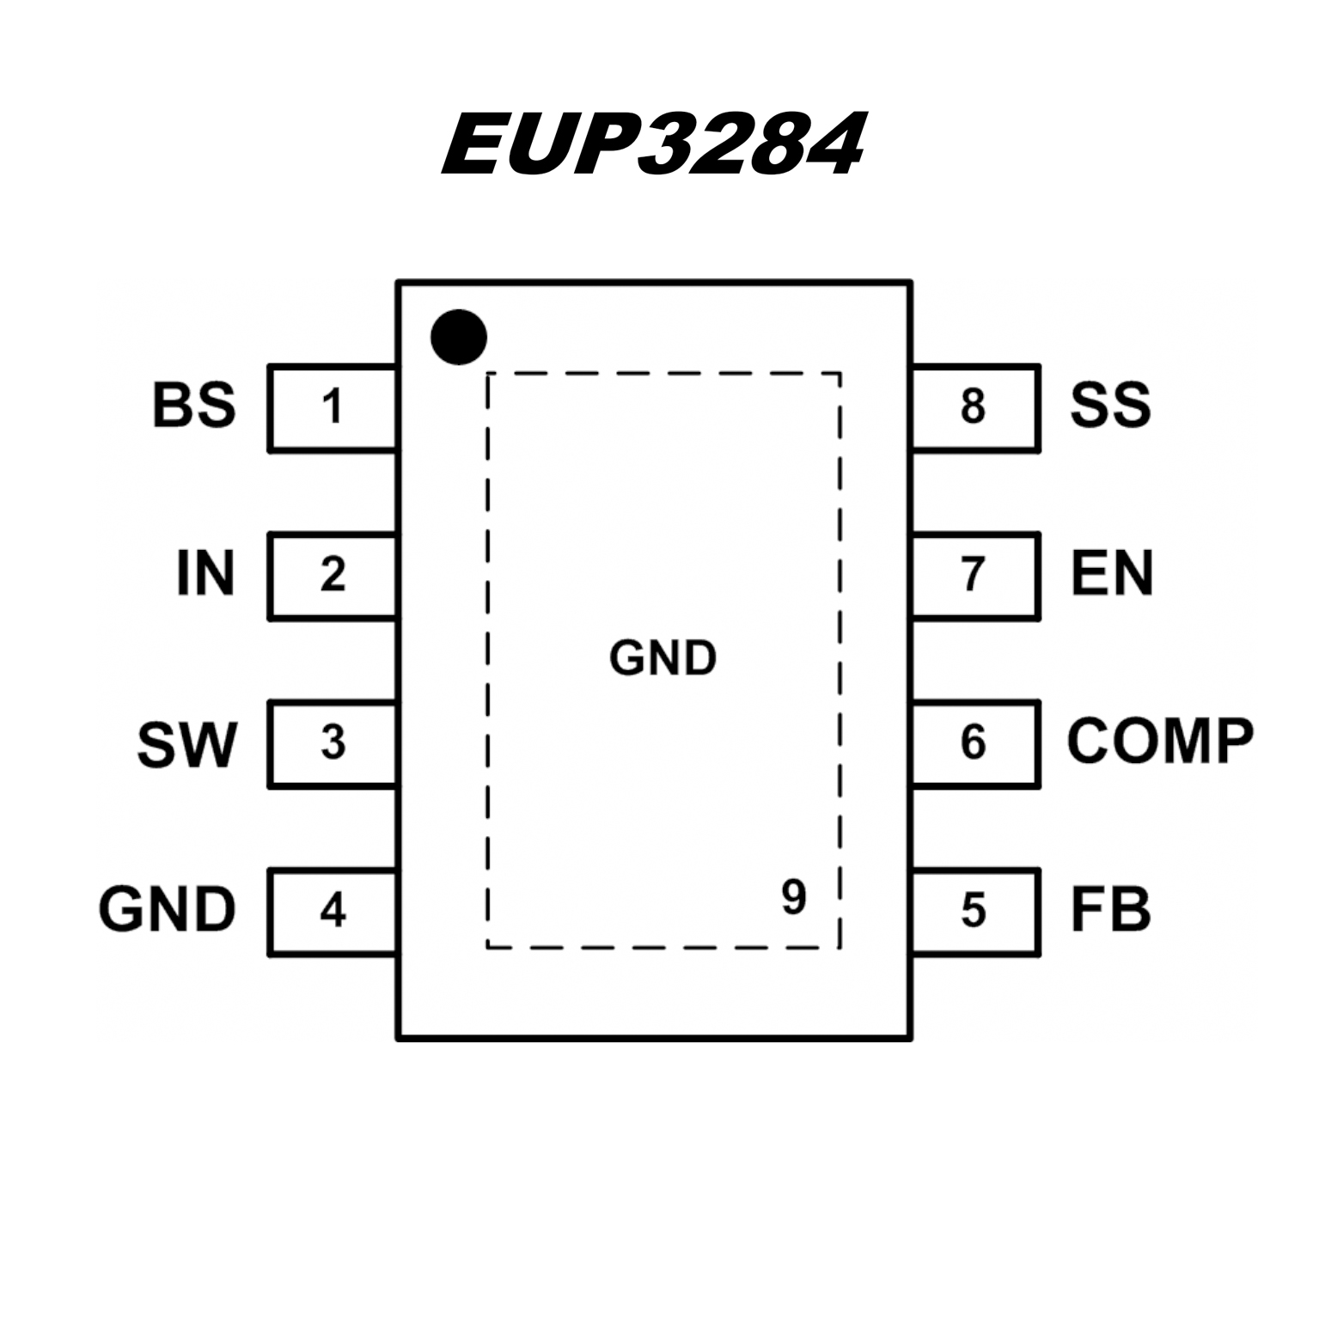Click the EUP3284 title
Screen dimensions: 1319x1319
(x=653, y=144)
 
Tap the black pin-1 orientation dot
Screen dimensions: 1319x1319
(x=458, y=337)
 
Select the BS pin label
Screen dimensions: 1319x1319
(x=193, y=406)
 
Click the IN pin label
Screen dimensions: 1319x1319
(x=205, y=574)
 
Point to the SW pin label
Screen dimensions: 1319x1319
(x=186, y=744)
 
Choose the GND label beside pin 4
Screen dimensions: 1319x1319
(x=167, y=909)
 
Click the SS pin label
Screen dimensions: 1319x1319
(x=1110, y=406)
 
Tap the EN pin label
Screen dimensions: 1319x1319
(x=1112, y=574)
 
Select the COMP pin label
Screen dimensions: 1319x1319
(x=1160, y=741)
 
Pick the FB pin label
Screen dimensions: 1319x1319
(x=1110, y=909)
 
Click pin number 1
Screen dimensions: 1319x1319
(x=333, y=406)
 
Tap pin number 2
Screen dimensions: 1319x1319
(x=333, y=575)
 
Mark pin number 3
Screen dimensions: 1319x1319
(x=333, y=742)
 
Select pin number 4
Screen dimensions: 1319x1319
(x=333, y=910)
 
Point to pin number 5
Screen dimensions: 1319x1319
(x=973, y=910)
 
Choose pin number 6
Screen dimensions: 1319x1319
(x=973, y=742)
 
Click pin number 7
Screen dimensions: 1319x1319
(x=973, y=575)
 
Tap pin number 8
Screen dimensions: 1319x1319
(x=973, y=406)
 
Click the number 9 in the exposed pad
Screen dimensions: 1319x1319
(x=793, y=897)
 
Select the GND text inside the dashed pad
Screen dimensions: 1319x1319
(x=663, y=659)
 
